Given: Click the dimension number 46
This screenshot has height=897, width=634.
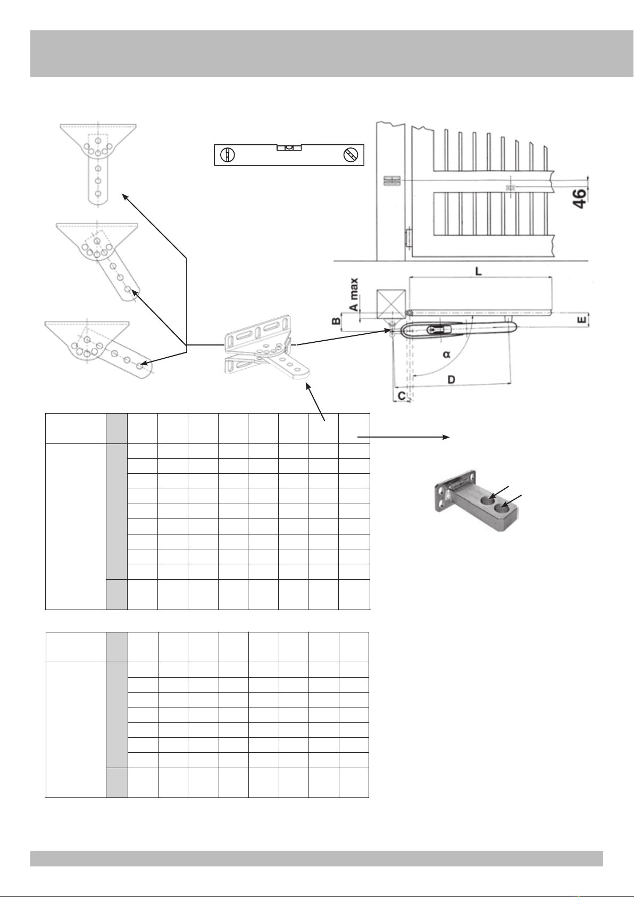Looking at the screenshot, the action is tap(580, 198).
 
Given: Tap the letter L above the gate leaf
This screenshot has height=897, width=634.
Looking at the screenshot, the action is tap(478, 271).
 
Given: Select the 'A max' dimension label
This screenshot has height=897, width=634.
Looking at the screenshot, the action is tap(354, 295).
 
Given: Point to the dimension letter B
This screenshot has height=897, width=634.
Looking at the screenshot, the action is tap(337, 321).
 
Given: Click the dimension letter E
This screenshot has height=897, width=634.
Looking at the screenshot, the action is tap(582, 320).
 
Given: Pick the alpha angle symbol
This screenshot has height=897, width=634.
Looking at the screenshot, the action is tap(447, 355).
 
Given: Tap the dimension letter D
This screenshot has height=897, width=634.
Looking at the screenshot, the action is tap(451, 379).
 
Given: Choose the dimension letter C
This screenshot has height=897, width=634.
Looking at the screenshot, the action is tap(402, 396).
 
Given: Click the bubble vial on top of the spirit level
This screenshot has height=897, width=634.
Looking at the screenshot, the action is tap(289, 147).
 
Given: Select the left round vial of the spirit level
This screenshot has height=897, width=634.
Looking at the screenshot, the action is tap(227, 154).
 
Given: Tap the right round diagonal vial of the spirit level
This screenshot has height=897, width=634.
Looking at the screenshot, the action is tap(351, 154).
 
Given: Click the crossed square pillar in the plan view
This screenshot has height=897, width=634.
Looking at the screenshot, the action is tap(391, 305).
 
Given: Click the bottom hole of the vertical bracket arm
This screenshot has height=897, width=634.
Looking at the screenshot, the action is tap(98, 194).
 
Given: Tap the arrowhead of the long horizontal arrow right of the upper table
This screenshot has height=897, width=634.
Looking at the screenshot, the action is tap(446, 437).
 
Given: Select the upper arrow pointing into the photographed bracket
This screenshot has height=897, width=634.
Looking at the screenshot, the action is tap(499, 492).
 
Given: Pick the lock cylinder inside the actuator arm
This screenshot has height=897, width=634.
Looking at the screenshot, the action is tap(440, 330).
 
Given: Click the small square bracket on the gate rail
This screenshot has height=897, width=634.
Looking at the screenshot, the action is tap(510, 187).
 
